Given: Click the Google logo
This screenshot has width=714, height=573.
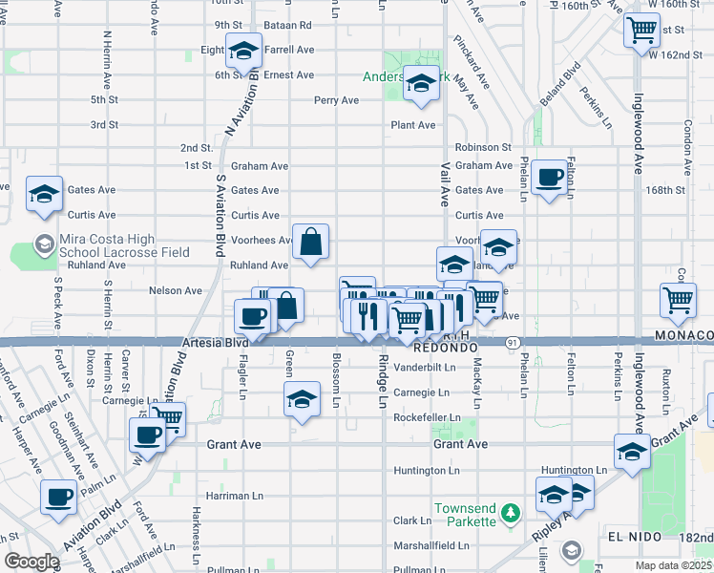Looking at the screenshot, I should click(31, 562).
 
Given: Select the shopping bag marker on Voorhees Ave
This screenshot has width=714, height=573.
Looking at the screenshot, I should click(311, 243).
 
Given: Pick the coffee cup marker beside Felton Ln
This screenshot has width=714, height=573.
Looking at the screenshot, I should click(549, 178).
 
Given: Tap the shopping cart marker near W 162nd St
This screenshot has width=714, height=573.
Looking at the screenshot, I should click(641, 29).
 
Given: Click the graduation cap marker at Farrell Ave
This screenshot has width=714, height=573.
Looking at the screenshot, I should click(243, 50).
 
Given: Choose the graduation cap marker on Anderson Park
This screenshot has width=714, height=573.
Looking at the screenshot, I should click(419, 84).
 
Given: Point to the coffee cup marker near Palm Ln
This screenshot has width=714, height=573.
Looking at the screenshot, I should click(58, 498).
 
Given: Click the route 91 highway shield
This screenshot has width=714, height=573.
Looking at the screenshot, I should click(514, 342).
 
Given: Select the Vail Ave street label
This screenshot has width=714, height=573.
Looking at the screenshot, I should click(445, 185).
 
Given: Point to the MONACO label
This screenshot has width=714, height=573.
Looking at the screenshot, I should click(683, 335).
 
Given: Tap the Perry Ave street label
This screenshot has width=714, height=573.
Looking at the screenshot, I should click(336, 100).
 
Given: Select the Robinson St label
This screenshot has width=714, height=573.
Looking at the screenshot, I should click(482, 147).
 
